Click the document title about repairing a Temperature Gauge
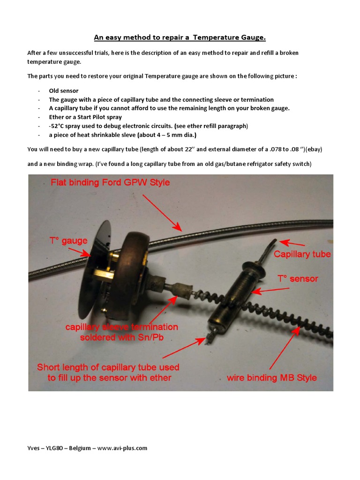(180, 37)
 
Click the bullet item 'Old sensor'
(63, 90)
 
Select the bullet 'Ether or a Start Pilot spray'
(85, 117)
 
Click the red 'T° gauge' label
(68, 241)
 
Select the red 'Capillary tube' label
(302, 255)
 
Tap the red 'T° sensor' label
(298, 279)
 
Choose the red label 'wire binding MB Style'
(272, 377)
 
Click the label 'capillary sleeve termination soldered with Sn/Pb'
(121, 332)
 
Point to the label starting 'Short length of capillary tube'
(108, 372)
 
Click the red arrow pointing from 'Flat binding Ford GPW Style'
(161, 211)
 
